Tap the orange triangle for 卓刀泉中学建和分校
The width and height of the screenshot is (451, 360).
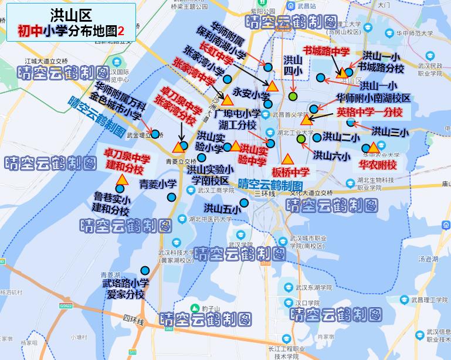(121, 180)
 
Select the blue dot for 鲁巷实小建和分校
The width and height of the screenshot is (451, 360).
(120, 189)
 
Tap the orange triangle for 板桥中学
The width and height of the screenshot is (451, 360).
(287, 159)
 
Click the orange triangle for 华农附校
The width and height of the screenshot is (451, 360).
(373, 147)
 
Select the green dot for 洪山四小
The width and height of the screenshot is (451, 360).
(293, 96)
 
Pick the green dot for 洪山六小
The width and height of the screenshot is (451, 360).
(301, 140)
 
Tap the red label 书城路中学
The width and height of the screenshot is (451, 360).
(325, 52)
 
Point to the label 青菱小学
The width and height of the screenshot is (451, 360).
(158, 184)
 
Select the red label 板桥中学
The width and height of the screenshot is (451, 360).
(290, 172)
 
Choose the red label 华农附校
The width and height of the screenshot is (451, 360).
(378, 165)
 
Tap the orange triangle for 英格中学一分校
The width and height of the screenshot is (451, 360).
(306, 120)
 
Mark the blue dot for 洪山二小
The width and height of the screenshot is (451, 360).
(317, 138)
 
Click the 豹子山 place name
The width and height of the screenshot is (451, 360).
(209, 308)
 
